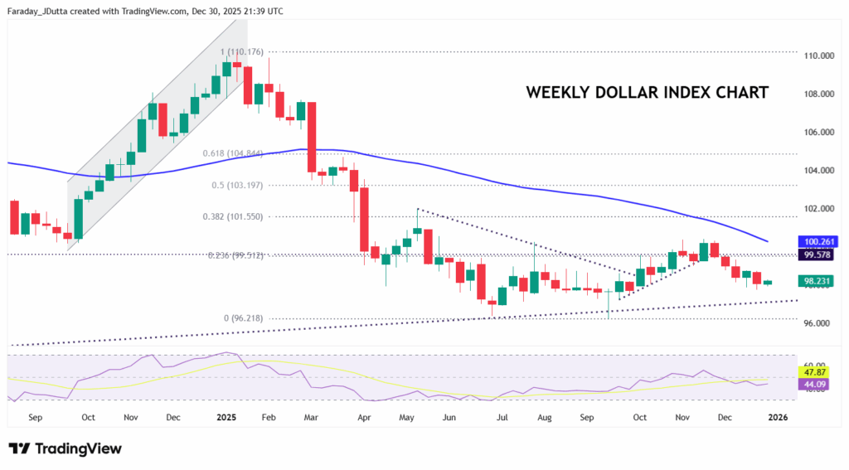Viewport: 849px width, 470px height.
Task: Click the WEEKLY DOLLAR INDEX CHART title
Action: pyautogui.click(x=647, y=92)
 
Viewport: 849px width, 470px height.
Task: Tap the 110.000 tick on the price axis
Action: pyautogui.click(x=818, y=56)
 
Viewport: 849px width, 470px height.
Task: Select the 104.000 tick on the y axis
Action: pyautogui.click(x=818, y=171)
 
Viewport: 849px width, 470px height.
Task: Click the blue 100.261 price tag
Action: pyautogui.click(x=816, y=241)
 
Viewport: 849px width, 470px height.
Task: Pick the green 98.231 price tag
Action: pyautogui.click(x=816, y=282)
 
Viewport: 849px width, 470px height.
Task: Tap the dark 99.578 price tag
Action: pyautogui.click(x=816, y=256)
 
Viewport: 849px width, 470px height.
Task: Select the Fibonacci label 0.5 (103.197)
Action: pyautogui.click(x=238, y=185)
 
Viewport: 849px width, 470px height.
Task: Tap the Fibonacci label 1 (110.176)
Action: pyautogui.click(x=242, y=51)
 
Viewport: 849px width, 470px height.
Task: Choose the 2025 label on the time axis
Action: pyautogui.click(x=226, y=419)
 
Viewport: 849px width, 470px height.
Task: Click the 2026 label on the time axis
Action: pyautogui.click(x=778, y=419)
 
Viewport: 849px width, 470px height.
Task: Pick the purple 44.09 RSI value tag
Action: pyautogui.click(x=812, y=385)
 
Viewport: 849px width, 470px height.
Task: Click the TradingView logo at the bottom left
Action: pyautogui.click(x=65, y=448)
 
